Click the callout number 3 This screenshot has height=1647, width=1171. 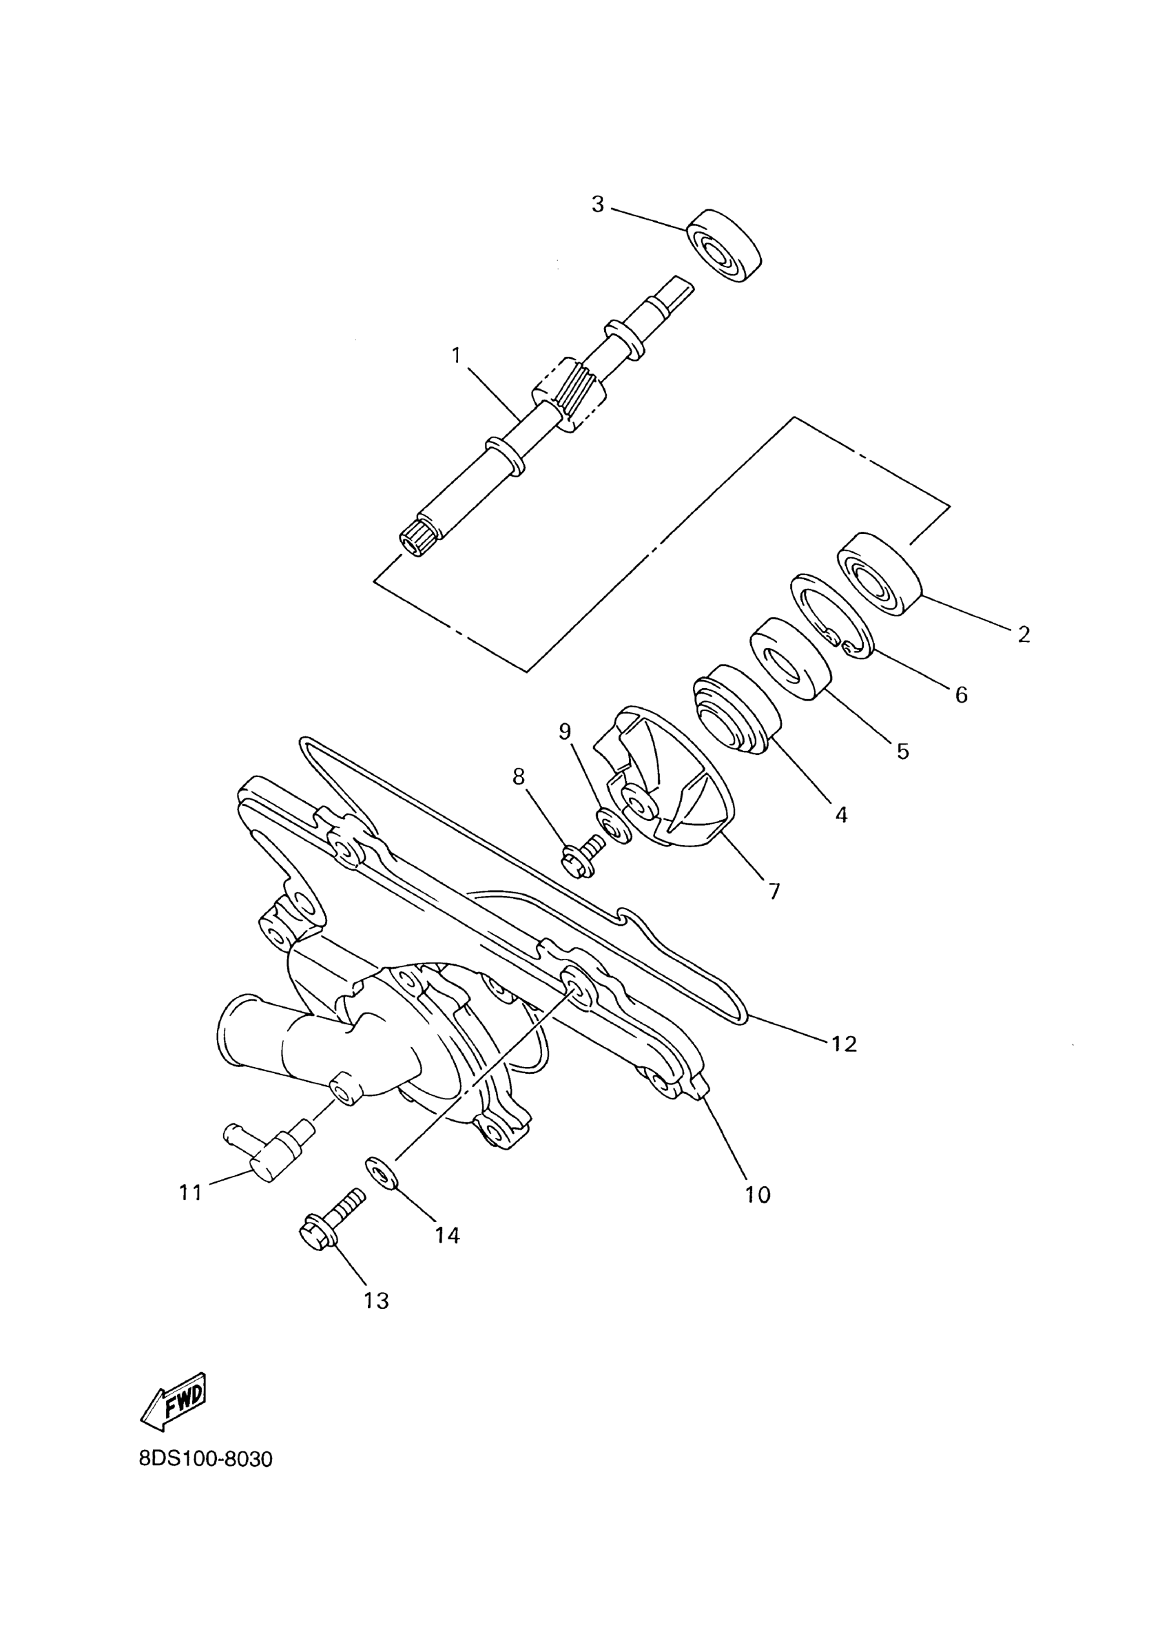(597, 205)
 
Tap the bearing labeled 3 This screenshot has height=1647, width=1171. (724, 246)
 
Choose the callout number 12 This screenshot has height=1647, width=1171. (844, 1044)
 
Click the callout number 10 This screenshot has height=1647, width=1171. (758, 1195)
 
